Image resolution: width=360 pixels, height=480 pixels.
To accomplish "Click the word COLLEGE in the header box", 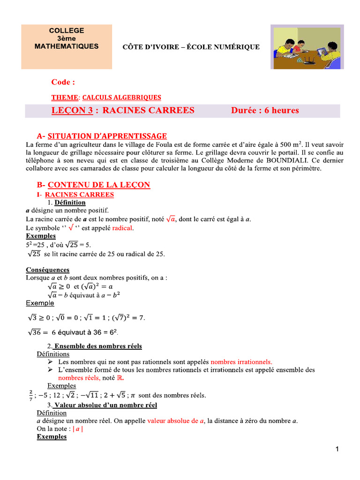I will coord(67,30).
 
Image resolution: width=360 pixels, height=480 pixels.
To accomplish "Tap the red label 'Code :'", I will coord(63,82).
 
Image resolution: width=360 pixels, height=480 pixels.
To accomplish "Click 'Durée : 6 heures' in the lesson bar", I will coord(265,111).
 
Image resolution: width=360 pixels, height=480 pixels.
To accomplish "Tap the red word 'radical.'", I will coord(122,228).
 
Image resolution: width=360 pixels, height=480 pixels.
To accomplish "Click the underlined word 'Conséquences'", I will coord(48,270).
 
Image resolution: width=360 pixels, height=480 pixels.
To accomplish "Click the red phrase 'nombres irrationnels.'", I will coord(241,362).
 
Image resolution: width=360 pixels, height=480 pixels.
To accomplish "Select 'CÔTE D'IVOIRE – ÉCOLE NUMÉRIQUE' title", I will coord(191,47).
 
